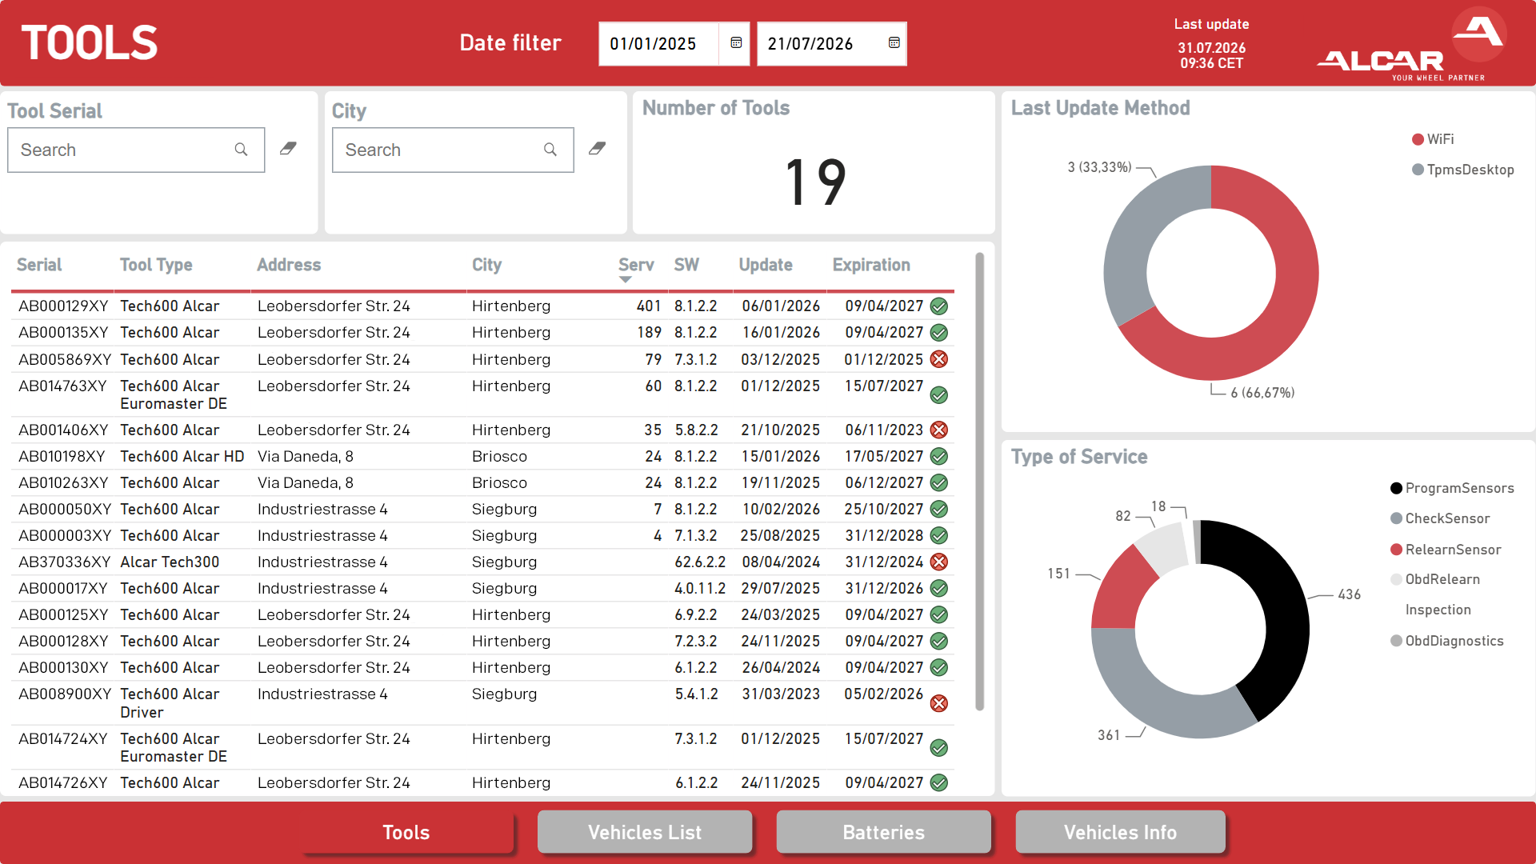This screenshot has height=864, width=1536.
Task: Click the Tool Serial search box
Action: [x=136, y=150]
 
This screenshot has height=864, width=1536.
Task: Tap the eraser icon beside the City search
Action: [x=597, y=149]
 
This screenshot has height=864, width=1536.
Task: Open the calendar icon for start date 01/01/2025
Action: [x=736, y=43]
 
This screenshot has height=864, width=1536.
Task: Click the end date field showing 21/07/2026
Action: [x=832, y=44]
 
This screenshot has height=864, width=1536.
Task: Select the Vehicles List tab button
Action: [x=645, y=832]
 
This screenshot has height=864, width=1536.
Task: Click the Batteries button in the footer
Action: [x=883, y=832]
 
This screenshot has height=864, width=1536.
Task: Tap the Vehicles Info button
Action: [x=1120, y=832]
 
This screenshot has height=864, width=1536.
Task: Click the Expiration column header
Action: [x=871, y=265]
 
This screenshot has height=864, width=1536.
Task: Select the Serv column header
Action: [x=636, y=265]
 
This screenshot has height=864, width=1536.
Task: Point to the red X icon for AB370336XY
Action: [x=939, y=562]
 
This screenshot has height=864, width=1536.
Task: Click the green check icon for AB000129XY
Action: [x=939, y=306]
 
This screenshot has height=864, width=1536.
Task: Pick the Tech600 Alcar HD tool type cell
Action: [x=182, y=456]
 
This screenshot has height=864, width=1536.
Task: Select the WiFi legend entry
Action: [x=1434, y=139]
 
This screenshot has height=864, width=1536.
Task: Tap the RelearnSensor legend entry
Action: [x=1446, y=550]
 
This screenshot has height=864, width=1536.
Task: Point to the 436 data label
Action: [x=1349, y=594]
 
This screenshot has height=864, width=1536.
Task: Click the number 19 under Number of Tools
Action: [x=815, y=182]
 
